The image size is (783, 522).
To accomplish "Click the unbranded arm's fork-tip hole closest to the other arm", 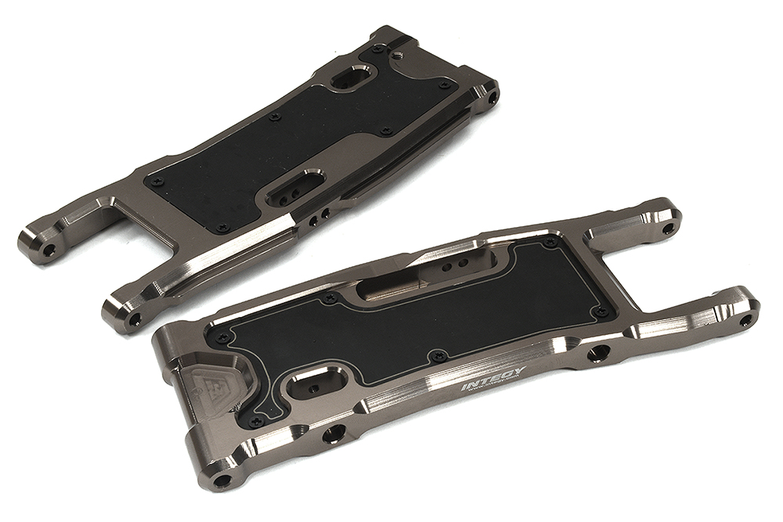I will [x=135, y=319].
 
